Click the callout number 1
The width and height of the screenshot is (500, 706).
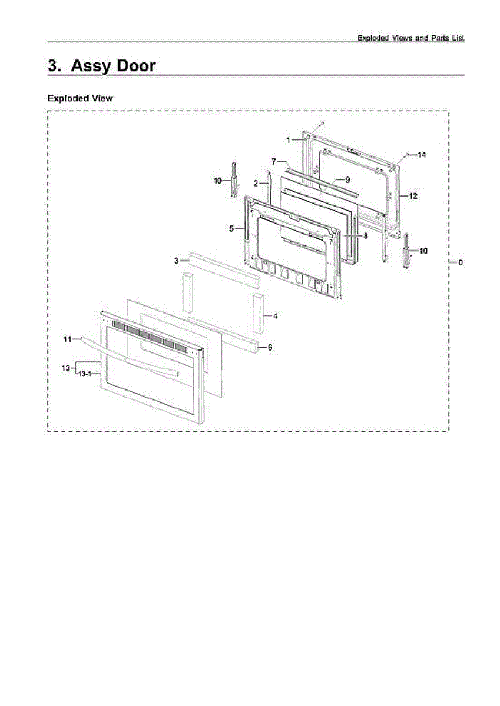point(289,140)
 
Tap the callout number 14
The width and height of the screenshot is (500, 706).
point(422,155)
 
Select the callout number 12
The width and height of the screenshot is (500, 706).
point(413,196)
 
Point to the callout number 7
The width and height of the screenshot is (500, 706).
point(274,161)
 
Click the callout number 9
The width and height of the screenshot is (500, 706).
point(347,179)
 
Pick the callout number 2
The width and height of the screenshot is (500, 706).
point(256,184)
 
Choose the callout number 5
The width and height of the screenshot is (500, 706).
point(232,227)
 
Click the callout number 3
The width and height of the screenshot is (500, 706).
point(176,260)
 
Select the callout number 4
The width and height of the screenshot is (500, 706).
point(275,316)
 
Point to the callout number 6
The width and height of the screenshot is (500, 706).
point(270,348)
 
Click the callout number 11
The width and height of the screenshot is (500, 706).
point(67,339)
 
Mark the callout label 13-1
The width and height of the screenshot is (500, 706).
point(85,373)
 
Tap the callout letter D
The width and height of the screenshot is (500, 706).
point(461,262)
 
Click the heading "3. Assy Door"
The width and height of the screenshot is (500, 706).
point(102,65)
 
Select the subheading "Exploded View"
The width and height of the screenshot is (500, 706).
point(80,98)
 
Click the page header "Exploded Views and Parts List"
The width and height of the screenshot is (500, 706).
point(411,38)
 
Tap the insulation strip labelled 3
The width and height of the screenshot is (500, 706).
point(224,268)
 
